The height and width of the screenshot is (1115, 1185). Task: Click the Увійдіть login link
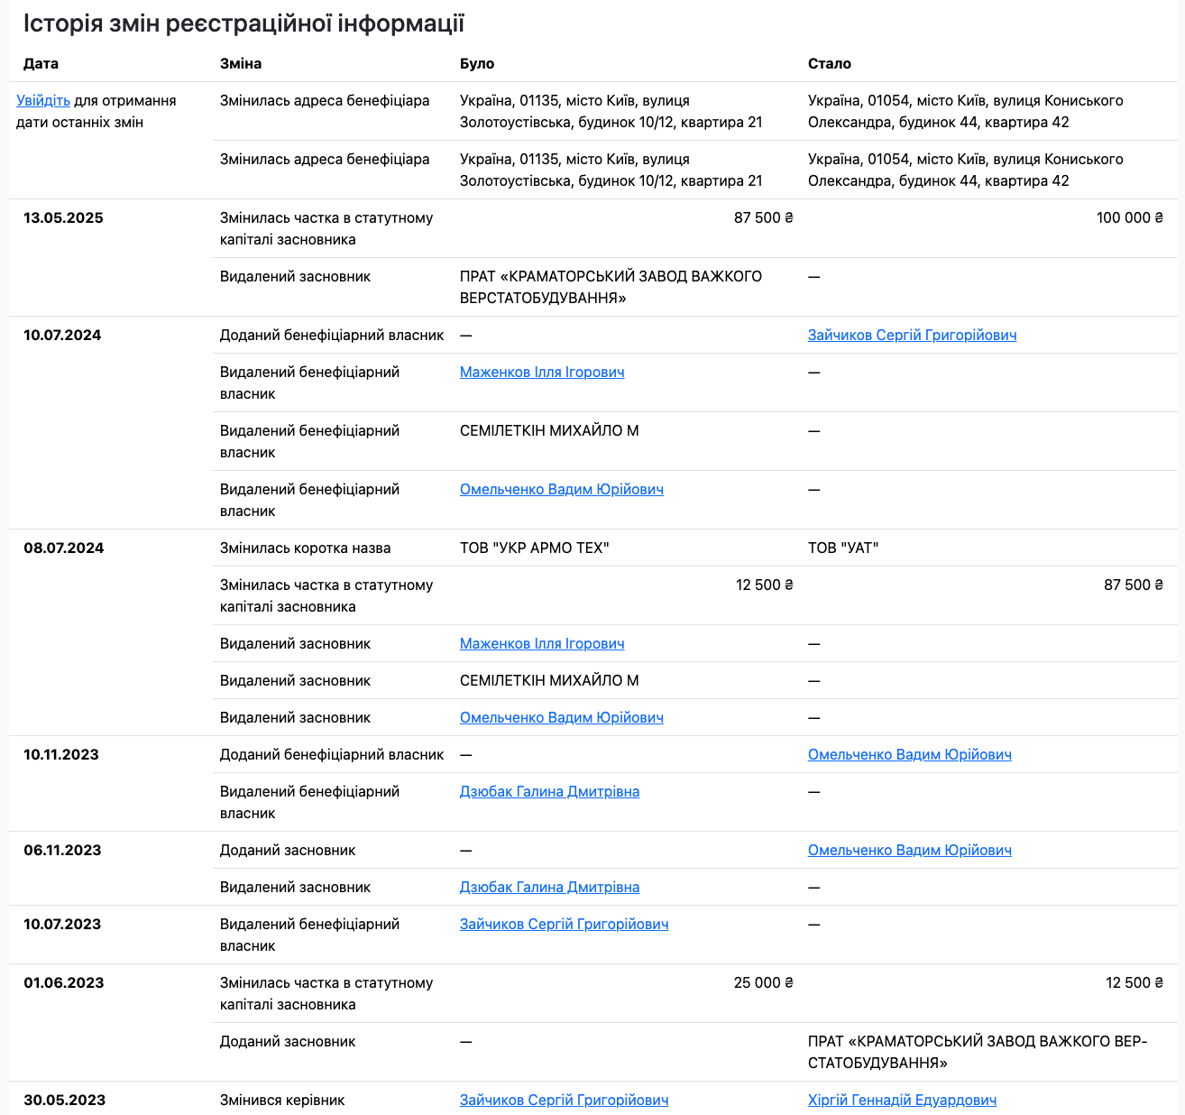(x=43, y=101)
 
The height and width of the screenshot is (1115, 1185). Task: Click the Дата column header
(x=41, y=64)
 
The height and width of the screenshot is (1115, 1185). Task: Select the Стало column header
(x=829, y=64)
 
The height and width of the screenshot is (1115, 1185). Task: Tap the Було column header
(x=477, y=64)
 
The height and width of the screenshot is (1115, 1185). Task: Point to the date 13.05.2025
(x=63, y=218)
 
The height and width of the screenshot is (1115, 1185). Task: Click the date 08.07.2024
(x=63, y=548)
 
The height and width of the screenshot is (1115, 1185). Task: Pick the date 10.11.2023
(x=61, y=755)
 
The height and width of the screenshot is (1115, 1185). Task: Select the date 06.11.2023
(x=61, y=851)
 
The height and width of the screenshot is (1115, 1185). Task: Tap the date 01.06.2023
(x=63, y=983)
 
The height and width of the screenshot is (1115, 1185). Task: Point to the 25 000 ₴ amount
(x=763, y=983)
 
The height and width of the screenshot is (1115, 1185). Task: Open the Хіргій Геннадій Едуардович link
(x=902, y=1101)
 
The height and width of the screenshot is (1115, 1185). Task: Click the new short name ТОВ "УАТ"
(x=843, y=548)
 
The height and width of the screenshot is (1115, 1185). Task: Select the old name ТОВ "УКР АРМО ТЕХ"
(x=534, y=548)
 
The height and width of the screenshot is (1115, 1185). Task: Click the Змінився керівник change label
(x=282, y=1101)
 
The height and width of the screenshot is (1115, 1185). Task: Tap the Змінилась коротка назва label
(x=305, y=548)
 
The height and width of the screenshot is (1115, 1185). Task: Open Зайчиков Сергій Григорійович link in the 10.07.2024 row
(x=912, y=336)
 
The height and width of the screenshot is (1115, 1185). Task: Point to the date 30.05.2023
(x=64, y=1101)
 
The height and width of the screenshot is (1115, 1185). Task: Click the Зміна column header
(x=241, y=64)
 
